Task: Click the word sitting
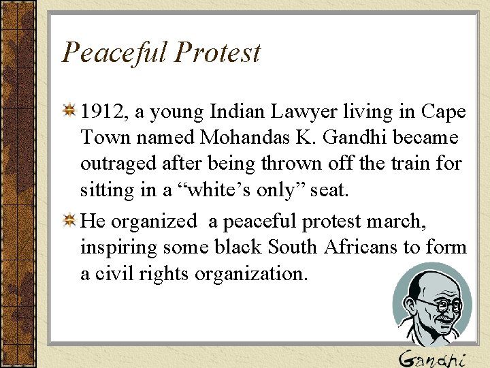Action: point(105,190)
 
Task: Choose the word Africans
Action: point(361,247)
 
